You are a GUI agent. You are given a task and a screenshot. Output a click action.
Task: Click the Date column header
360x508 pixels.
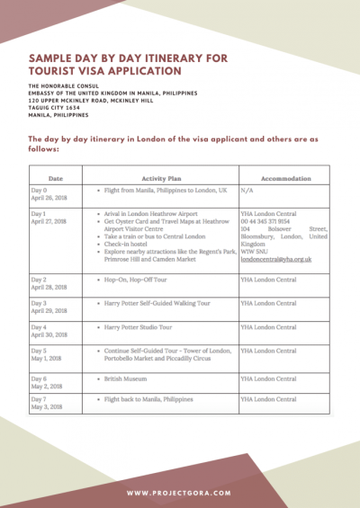tap(55, 177)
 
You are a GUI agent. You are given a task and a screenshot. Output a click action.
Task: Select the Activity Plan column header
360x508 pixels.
tap(163, 177)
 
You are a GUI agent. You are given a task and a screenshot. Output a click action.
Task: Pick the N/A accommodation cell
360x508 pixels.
tap(247, 192)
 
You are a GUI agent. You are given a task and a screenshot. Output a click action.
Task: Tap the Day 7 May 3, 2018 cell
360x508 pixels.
tap(47, 402)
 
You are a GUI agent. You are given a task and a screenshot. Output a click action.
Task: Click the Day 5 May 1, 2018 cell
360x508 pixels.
tap(46, 354)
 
